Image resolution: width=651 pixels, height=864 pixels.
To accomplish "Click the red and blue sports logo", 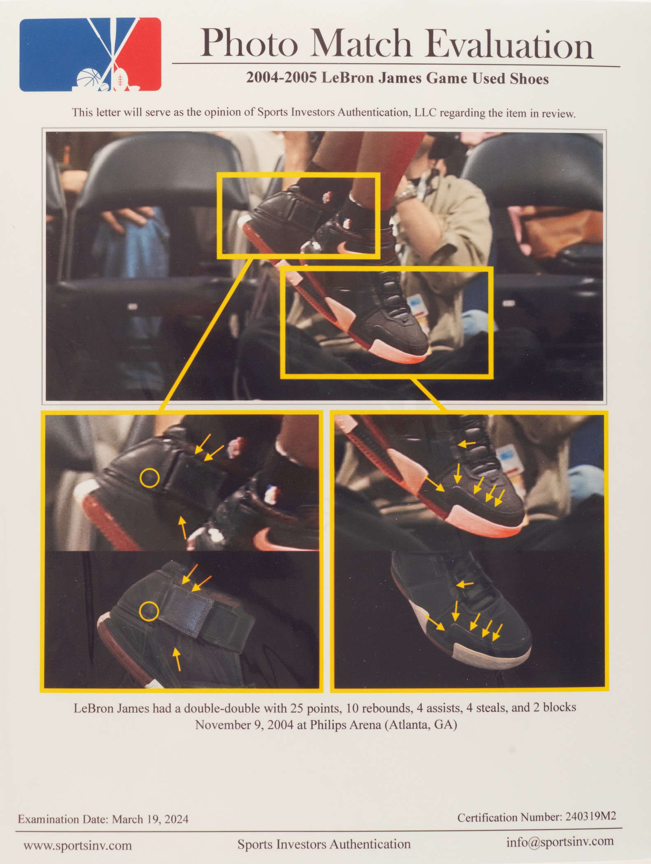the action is (90, 54).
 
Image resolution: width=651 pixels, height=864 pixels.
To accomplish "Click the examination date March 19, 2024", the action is (150, 819).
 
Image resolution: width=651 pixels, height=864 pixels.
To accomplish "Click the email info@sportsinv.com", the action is (560, 842).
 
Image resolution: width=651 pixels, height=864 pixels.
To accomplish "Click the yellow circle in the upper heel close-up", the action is (149, 478).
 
